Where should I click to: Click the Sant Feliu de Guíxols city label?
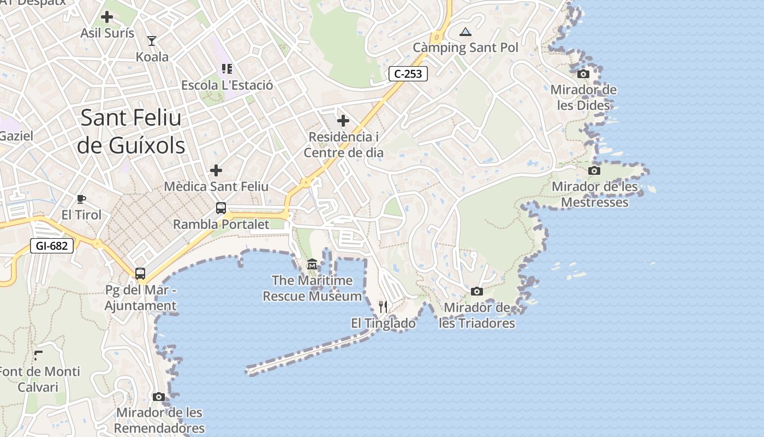[131, 132]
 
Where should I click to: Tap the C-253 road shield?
[408, 74]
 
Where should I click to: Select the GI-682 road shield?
[52, 246]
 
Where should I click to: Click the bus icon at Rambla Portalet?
[220, 208]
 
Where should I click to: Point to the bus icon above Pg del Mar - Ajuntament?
[140, 273]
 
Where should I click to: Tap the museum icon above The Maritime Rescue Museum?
[312, 264]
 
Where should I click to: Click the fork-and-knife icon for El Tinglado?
[383, 307]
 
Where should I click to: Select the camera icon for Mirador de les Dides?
[583, 74]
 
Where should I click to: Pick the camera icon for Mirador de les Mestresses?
[594, 171]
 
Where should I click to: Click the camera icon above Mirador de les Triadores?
[477, 292]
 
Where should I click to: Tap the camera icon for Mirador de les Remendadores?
[159, 397]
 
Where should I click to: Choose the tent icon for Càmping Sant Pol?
[465, 32]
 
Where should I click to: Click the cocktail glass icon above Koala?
[152, 40]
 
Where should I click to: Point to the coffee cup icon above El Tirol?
[81, 199]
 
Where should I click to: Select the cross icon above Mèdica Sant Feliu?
[216, 170]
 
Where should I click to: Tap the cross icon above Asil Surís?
[107, 17]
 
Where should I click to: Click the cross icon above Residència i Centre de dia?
[343, 120]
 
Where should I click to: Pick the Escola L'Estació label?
[227, 85]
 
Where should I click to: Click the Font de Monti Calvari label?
[39, 379]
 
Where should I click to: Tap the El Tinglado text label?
[383, 323]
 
